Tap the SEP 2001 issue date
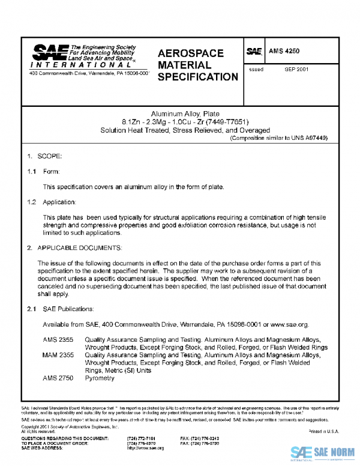tap(296, 70)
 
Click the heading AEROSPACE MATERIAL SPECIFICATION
tap(198, 65)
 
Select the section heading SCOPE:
tap(50, 156)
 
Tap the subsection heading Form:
tap(51, 172)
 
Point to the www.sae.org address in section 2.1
tap(290, 324)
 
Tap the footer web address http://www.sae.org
tap(145, 449)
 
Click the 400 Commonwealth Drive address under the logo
tap(89, 73)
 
